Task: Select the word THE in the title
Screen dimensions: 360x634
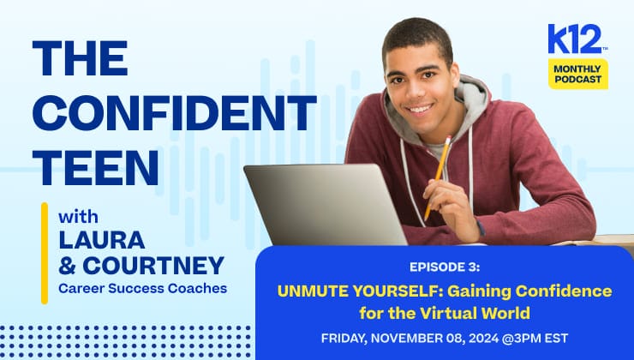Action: point(81,59)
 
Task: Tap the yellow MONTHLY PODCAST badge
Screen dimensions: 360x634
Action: point(578,74)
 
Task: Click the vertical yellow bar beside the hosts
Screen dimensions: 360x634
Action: point(44,253)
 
